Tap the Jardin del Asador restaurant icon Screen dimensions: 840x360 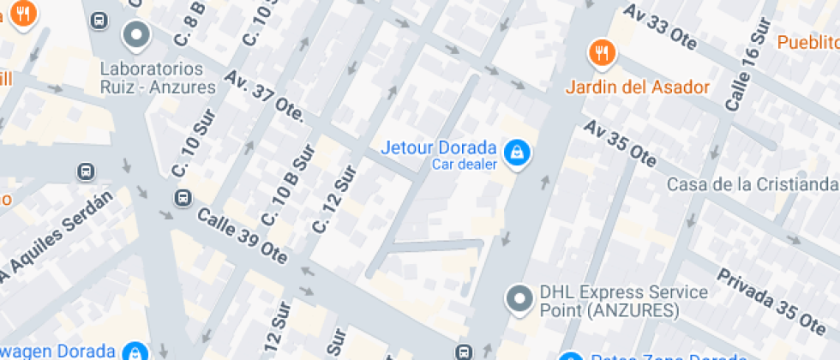tap(603, 54)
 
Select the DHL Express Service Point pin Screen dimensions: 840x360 tap(518, 299)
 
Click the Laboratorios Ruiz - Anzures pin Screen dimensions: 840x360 tap(135, 35)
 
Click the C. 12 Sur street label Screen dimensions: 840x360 tap(334, 200)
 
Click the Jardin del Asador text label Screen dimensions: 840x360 tap(638, 87)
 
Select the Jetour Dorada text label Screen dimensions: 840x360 tap(438, 147)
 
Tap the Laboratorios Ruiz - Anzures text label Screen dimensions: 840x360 tap(158, 77)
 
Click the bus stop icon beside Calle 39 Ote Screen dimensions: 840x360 tap(183, 199)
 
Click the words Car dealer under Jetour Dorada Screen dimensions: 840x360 tap(464, 165)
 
